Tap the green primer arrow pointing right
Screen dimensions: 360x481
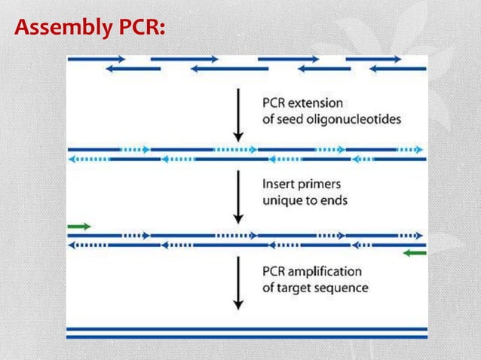point(79,225)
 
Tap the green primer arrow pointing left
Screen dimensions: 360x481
point(415,254)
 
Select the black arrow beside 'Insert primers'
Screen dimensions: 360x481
point(238,196)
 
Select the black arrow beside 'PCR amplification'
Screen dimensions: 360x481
point(238,282)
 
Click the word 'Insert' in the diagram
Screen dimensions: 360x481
point(278,182)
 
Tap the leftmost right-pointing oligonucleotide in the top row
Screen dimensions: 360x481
point(97,58)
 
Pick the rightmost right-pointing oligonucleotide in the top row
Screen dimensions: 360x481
point(373,58)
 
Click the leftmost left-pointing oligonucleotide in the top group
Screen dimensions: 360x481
point(133,69)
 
